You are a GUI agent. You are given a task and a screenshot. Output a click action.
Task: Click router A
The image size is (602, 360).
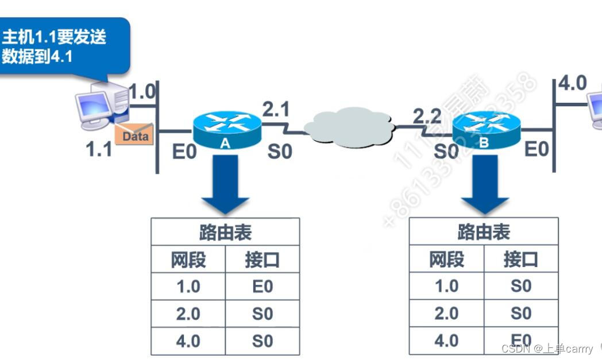coord(226,130)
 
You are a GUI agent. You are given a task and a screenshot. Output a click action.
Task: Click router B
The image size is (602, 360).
coord(486,130)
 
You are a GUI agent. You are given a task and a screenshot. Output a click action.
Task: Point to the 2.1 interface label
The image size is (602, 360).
coord(276,109)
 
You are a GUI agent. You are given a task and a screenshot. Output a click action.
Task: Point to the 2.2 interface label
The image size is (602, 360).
coord(427,117)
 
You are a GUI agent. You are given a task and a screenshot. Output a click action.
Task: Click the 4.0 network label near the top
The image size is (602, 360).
coord(573,83)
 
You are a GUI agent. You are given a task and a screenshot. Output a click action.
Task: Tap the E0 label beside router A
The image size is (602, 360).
coord(184,152)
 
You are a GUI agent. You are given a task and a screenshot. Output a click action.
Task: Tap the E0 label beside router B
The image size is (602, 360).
coord(537,149)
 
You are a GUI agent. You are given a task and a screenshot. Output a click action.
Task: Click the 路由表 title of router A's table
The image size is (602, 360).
coord(225,233)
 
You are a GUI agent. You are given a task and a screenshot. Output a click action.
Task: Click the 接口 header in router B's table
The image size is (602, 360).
coord(520,260)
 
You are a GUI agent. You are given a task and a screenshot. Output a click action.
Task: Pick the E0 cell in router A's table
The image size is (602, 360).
coord(263,287)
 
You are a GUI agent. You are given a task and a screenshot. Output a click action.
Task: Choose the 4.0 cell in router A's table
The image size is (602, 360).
coord(188,341)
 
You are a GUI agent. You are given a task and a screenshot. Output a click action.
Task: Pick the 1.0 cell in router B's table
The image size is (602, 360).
coord(446,286)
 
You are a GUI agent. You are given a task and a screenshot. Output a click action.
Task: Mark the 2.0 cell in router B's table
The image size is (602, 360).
coord(446,313)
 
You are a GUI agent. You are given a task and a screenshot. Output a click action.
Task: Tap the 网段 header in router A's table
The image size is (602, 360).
coord(188,260)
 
